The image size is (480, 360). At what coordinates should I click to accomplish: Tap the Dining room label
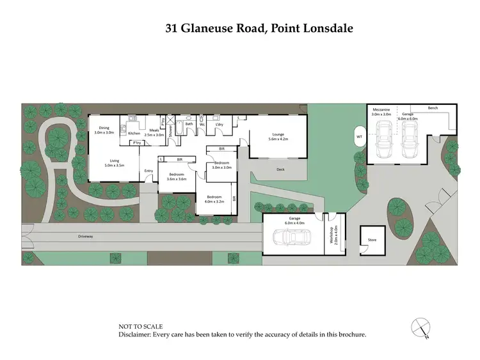coord(103,130)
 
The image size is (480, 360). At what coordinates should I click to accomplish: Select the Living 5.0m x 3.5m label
coord(114,163)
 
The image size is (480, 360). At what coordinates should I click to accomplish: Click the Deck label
coord(280,169)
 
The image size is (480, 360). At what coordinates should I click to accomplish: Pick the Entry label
coord(148,170)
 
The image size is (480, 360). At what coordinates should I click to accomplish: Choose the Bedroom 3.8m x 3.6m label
coord(177,176)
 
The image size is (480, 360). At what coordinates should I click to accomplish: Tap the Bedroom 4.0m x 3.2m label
coord(213,199)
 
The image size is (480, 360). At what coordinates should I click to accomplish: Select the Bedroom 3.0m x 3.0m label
coord(221,165)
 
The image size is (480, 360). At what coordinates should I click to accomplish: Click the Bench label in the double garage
coord(433,108)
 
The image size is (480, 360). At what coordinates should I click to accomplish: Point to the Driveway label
coord(86,236)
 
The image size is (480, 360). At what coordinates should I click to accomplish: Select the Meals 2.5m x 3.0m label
coord(154,132)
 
